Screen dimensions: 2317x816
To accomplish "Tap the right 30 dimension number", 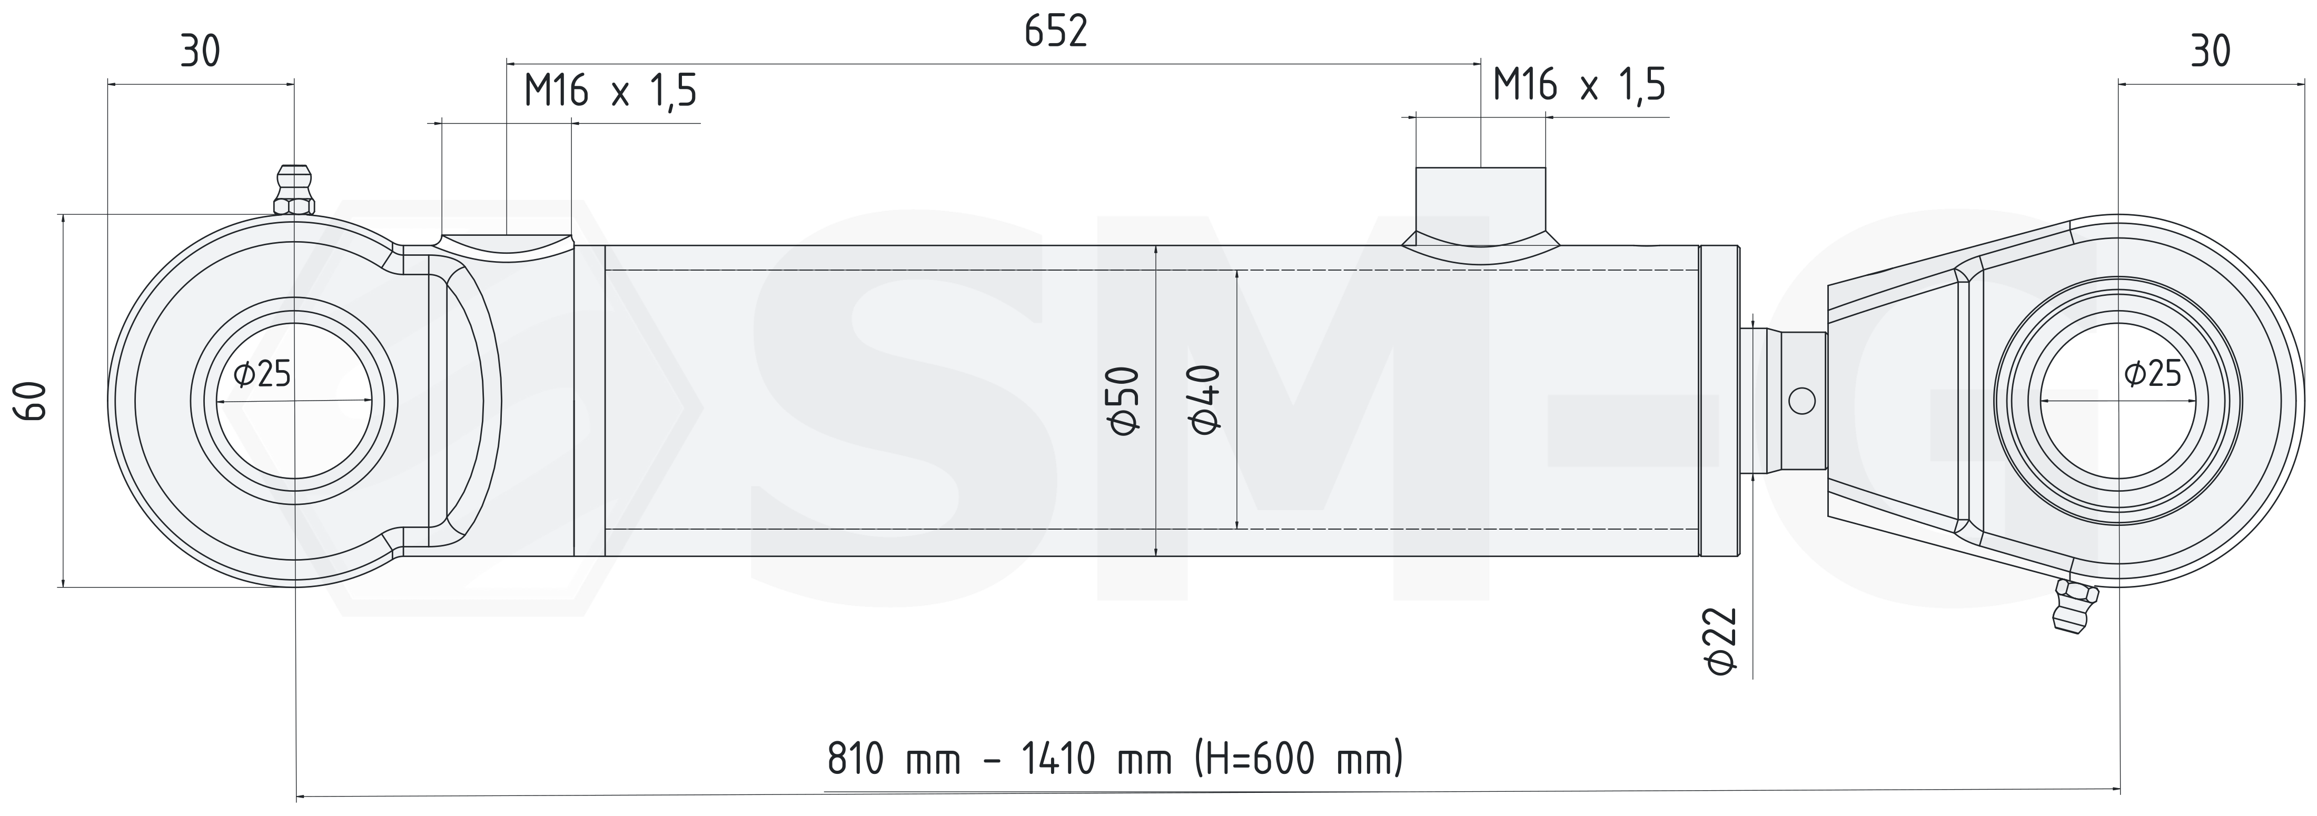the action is click(x=2210, y=52).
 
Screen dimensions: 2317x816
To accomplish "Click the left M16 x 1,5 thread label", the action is click(x=611, y=91).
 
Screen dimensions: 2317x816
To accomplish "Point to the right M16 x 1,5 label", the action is click(x=1579, y=85).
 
